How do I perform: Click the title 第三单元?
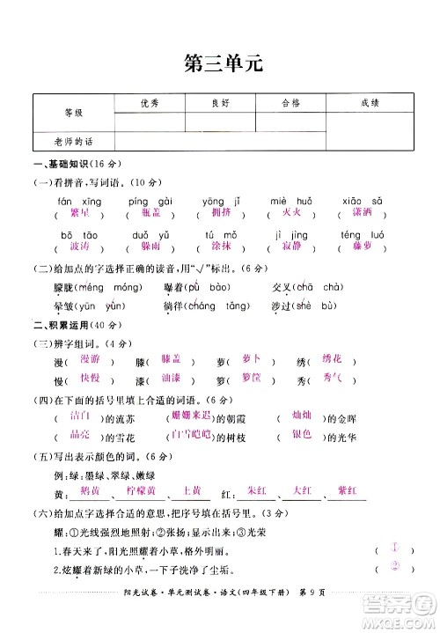click(x=220, y=63)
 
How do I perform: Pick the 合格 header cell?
click(x=291, y=103)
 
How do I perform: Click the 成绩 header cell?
click(x=370, y=103)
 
